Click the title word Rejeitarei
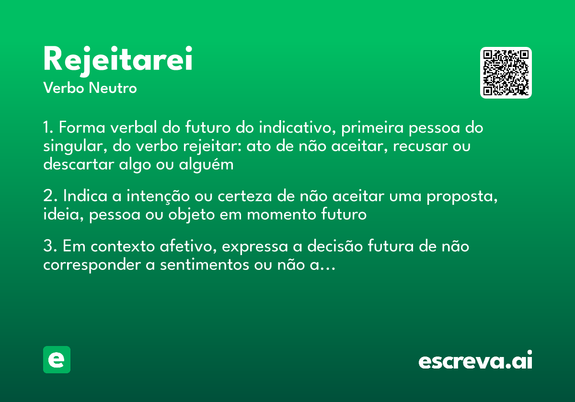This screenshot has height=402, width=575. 118,59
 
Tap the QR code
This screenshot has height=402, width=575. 506,73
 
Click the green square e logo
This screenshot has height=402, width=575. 57,360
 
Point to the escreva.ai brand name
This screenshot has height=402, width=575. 475,361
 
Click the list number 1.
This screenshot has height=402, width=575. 47,128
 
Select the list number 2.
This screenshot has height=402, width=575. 48,197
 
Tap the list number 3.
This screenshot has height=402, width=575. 48,247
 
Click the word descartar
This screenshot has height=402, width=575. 76,164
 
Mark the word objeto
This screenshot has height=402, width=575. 190,214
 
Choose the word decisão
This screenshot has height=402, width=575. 335,247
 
